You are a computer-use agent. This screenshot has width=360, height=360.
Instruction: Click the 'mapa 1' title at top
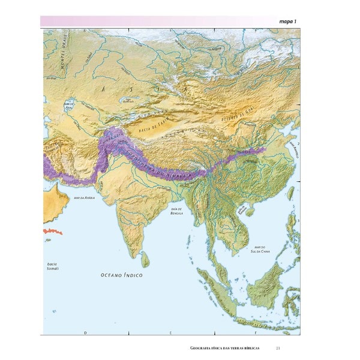288,22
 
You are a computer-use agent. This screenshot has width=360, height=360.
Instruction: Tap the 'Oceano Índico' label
121,274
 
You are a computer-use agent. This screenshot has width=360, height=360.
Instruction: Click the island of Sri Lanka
145,260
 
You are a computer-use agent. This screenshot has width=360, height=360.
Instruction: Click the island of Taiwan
295,195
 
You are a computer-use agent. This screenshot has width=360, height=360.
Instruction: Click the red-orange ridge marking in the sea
52,231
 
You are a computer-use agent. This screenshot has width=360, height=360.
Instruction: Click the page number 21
278,349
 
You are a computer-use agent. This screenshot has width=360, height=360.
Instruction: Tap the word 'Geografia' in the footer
202,349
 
